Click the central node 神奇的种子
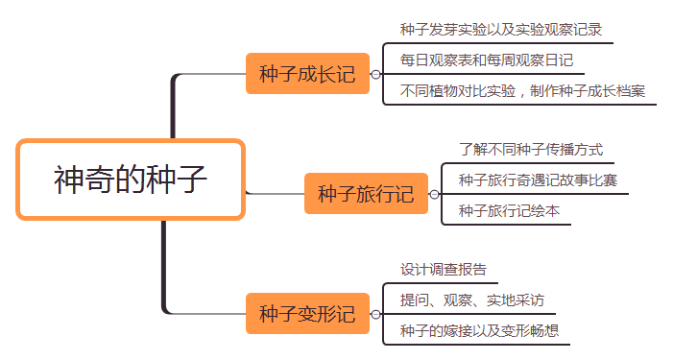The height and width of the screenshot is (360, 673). [130, 180]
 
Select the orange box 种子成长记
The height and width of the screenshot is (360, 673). [307, 74]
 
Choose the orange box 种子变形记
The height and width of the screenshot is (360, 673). [307, 314]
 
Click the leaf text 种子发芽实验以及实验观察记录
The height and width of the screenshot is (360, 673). [501, 29]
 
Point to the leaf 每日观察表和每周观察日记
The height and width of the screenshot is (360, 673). [487, 60]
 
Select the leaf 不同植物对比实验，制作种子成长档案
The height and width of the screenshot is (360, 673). [522, 91]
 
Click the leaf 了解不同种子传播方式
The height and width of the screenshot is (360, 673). [530, 149]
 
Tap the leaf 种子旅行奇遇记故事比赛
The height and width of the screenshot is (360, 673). [538, 180]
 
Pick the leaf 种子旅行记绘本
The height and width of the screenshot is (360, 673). [509, 210]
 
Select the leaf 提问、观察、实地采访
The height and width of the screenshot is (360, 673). [472, 300]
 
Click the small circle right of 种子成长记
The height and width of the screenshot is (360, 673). [375, 74]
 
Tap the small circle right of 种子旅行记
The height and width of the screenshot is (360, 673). [434, 195]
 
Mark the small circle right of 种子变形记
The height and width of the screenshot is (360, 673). [375, 314]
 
